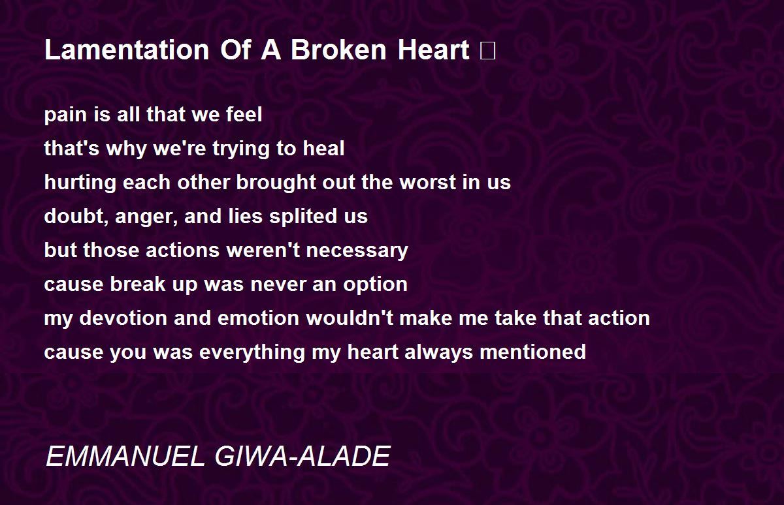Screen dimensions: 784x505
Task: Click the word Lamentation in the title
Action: (127, 50)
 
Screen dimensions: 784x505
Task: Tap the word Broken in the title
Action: (338, 50)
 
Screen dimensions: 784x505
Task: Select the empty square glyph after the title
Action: (488, 51)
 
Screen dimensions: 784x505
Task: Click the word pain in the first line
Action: (65, 115)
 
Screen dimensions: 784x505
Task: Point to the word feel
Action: (244, 114)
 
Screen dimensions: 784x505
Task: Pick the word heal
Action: (324, 148)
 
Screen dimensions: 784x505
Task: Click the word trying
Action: (241, 149)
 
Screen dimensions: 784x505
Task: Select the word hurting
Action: (80, 183)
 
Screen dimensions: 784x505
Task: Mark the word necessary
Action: (357, 251)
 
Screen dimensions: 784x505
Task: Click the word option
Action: (375, 285)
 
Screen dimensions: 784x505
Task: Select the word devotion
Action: (123, 318)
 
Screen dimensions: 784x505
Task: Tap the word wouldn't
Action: (350, 318)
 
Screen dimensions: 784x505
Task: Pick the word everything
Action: (252, 352)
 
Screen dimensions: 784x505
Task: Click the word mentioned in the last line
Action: (533, 352)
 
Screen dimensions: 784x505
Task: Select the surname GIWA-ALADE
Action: (302, 457)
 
